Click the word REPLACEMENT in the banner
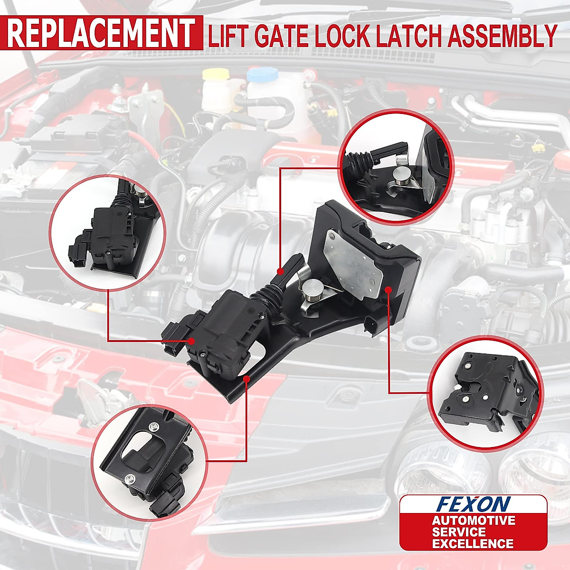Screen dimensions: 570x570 click(101, 33)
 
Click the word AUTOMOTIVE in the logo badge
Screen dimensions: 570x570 click(473, 520)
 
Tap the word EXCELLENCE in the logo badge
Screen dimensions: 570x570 click(472, 543)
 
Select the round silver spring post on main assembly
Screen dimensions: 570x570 click(313, 289)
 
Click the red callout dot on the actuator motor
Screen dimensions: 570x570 click(191, 341)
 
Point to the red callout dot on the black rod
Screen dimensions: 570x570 click(281, 272)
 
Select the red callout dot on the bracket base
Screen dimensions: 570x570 click(247, 379)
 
